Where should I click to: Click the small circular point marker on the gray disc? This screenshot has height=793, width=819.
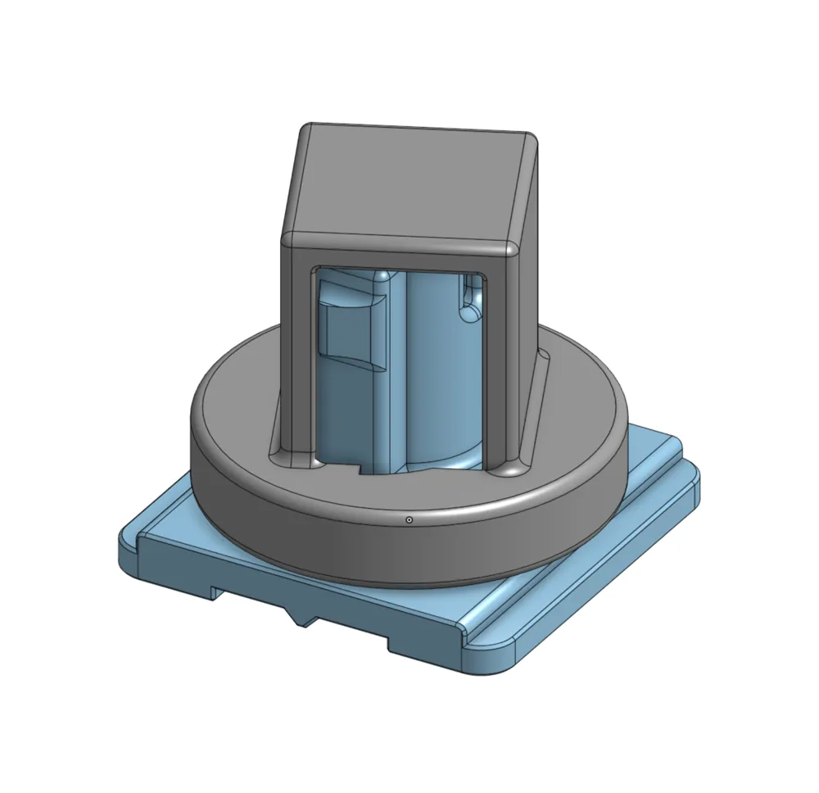click(409, 519)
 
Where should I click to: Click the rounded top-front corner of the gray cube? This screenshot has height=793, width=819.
click(511, 247)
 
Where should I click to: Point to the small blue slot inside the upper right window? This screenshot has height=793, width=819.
click(471, 297)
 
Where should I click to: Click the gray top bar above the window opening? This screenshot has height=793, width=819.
click(401, 256)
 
